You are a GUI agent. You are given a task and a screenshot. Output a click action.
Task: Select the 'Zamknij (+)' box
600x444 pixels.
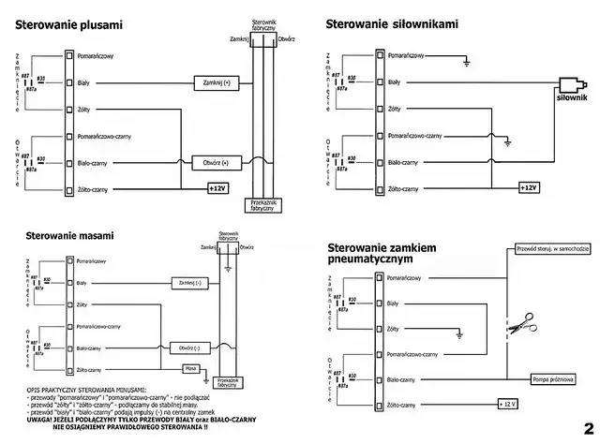pos(216,83)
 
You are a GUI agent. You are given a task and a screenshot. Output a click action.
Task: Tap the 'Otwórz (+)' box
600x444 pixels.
pos(216,163)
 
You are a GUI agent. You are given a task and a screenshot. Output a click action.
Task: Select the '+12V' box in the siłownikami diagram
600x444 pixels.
pos(528,188)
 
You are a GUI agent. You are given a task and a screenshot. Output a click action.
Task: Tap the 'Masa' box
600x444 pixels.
pos(191,368)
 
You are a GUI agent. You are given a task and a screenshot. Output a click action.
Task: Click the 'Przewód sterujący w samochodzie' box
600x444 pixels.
pos(551,249)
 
